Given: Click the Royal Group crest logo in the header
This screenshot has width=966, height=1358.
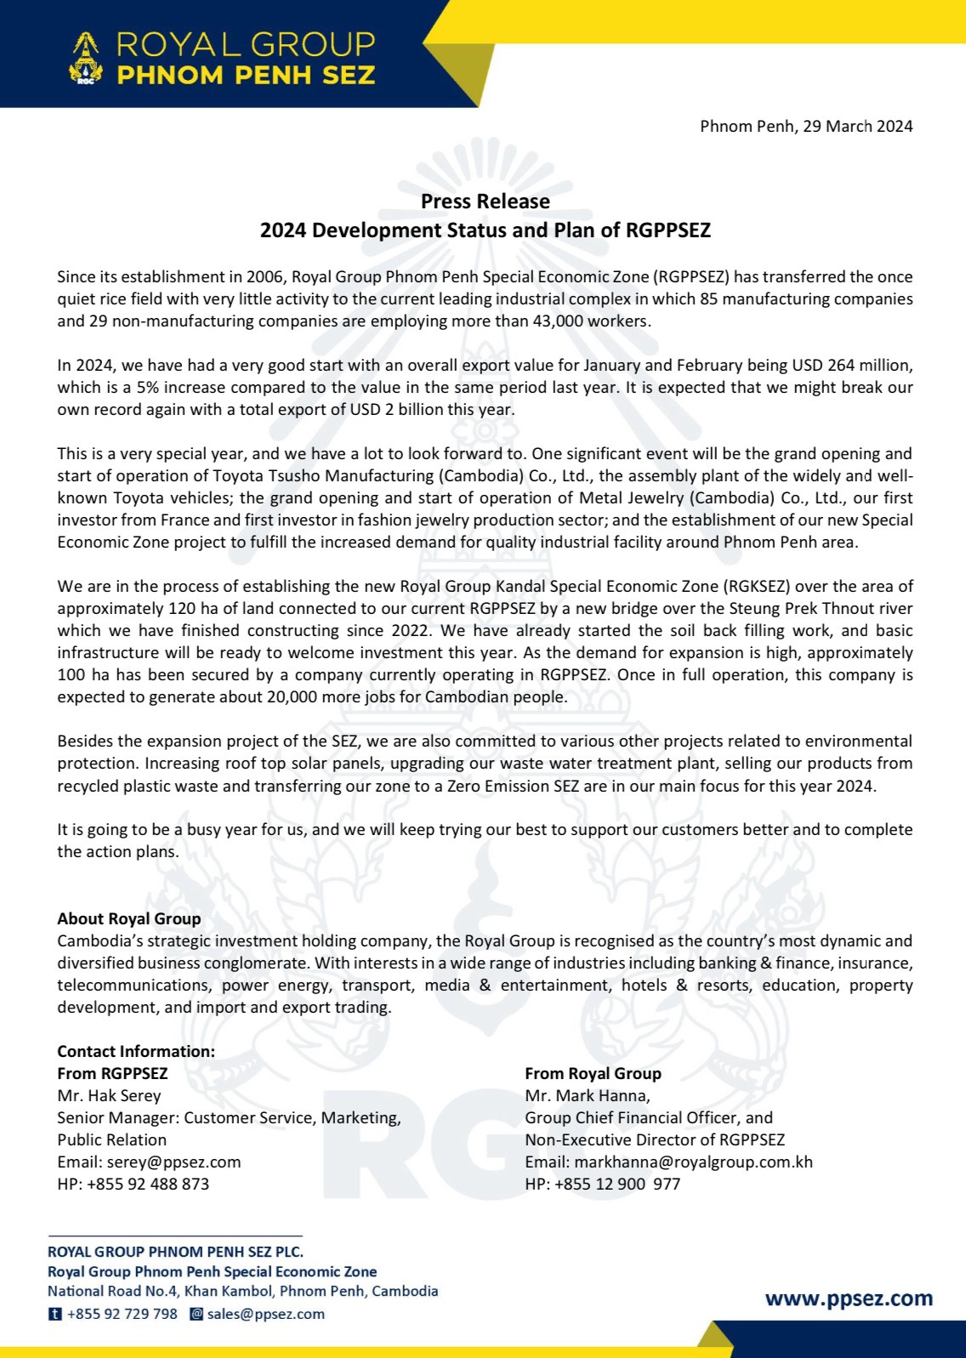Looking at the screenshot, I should [85, 59].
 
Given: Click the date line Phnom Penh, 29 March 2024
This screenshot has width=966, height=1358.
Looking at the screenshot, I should [805, 127].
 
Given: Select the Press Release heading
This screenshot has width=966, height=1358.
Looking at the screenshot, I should [485, 202].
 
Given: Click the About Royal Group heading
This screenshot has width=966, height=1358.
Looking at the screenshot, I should [129, 918].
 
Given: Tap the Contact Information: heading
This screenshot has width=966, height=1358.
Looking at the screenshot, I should [136, 1052].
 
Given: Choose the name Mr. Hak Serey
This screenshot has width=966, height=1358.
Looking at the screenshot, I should [109, 1096].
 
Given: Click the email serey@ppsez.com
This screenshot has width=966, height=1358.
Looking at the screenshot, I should [173, 1162].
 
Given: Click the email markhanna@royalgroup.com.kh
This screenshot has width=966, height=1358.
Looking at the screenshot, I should [693, 1162].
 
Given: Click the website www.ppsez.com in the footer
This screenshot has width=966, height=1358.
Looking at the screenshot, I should [849, 1299].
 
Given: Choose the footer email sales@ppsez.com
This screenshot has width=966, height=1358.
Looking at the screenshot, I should [265, 1315].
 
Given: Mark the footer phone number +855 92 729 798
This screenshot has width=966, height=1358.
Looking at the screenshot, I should [122, 1315].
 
